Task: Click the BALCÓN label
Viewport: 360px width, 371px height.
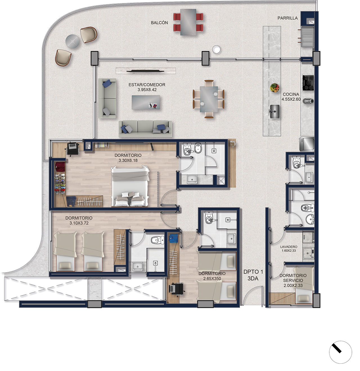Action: (159, 23)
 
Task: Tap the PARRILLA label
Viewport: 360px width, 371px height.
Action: (287, 18)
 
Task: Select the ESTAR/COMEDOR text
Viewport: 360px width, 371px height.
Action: (147, 85)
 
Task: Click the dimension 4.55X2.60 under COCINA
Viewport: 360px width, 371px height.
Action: (291, 99)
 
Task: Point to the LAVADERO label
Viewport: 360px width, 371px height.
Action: (289, 247)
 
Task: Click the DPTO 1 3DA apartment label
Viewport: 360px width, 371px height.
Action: (253, 275)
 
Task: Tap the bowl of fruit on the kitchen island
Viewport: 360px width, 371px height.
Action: (274, 88)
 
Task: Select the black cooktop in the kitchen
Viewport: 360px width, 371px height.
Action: (308, 83)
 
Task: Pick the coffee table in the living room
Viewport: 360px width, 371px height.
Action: (146, 102)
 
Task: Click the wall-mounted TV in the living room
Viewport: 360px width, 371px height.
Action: (145, 71)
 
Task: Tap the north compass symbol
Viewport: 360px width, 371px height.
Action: (340, 352)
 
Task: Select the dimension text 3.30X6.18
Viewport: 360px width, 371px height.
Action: (128, 160)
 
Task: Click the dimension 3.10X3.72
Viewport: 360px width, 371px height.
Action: (79, 223)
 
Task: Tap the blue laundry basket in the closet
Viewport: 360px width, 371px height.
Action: (173, 239)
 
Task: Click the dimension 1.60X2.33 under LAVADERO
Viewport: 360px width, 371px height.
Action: (289, 251)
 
